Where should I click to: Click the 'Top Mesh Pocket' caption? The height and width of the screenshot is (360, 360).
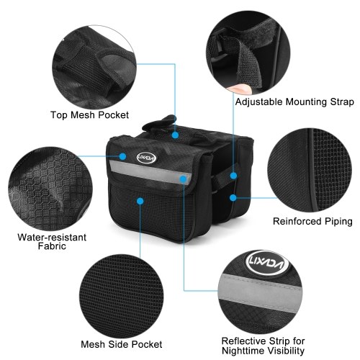tap(89, 115)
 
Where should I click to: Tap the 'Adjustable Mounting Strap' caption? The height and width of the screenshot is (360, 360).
tap(294, 102)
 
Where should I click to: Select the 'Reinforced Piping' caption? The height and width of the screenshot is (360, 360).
tap(312, 221)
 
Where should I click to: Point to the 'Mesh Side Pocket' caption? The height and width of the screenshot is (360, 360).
tap(122, 344)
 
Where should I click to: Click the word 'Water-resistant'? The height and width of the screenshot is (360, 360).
tap(52, 237)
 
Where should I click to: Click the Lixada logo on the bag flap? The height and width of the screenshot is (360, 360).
tap(146, 158)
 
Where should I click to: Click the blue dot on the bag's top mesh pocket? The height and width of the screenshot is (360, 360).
tap(176, 135)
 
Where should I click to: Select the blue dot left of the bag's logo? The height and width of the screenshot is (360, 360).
tap(122, 156)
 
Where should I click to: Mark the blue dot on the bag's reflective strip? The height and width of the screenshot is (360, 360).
tap(183, 179)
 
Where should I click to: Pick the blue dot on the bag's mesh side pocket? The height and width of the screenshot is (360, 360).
tap(140, 201)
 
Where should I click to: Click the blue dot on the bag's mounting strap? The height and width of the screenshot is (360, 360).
tap(233, 176)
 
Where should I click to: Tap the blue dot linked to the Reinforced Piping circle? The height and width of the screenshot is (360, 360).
tap(233, 198)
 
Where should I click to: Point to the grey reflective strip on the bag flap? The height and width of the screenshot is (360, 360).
tap(150, 171)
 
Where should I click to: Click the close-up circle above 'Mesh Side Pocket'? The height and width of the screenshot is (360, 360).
tap(122, 297)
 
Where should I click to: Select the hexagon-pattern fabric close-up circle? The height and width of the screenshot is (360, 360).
tap(50, 189)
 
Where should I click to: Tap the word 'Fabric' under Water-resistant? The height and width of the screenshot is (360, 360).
tap(52, 246)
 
